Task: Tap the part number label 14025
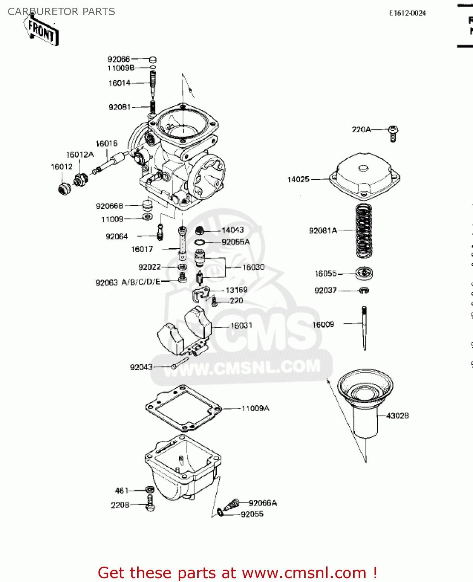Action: pyautogui.click(x=298, y=179)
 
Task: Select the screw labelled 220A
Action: pyautogui.click(x=393, y=133)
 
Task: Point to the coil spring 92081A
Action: pyautogui.click(x=364, y=230)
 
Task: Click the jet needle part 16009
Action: pyautogui.click(x=364, y=328)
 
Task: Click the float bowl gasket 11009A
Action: pyautogui.click(x=183, y=408)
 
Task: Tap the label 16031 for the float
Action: pyautogui.click(x=241, y=326)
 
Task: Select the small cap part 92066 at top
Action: pyautogui.click(x=153, y=59)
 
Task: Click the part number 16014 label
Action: pyautogui.click(x=119, y=83)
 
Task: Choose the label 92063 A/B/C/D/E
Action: pyautogui.click(x=128, y=282)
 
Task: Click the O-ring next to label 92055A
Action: pyautogui.click(x=199, y=242)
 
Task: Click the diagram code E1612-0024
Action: pyautogui.click(x=407, y=13)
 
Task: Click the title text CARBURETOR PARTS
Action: pyautogui.click(x=61, y=12)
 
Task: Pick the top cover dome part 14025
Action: pyautogui.click(x=364, y=175)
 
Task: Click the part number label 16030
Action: pyautogui.click(x=254, y=267)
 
